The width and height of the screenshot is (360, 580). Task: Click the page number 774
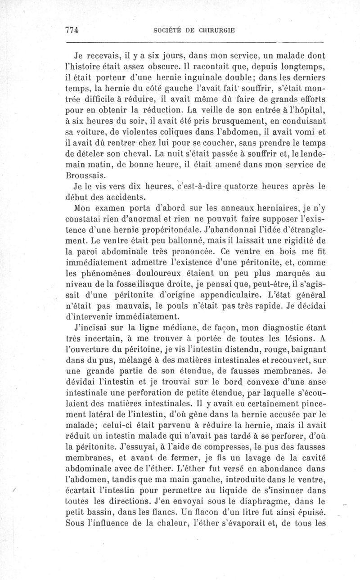click(x=72, y=30)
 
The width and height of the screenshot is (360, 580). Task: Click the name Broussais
click(x=86, y=177)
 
